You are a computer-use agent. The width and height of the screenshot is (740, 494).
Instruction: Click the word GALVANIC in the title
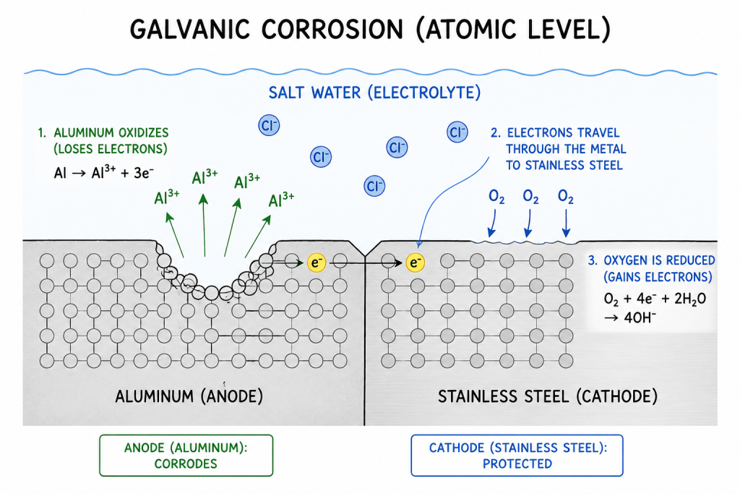coord(189,29)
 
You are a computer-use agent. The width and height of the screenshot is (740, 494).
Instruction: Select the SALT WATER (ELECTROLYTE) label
coord(374,93)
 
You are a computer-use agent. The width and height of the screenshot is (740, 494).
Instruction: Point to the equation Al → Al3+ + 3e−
coord(104,172)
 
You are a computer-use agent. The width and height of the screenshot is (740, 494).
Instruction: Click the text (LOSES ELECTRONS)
coord(111,149)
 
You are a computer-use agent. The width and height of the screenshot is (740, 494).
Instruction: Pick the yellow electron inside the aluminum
coord(317,263)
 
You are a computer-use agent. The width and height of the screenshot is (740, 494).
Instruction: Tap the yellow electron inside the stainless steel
coord(415,263)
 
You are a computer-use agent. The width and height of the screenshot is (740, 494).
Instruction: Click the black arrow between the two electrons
coord(366,263)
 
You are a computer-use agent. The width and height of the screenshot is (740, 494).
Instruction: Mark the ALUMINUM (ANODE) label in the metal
coord(189,396)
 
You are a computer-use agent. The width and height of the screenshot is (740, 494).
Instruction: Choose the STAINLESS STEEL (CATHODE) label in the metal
coord(548,396)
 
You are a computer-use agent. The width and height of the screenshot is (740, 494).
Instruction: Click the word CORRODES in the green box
coord(186,464)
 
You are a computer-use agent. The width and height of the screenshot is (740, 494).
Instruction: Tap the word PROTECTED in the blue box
coord(517,464)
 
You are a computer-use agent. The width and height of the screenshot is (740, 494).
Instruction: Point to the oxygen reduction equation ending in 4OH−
coord(655,308)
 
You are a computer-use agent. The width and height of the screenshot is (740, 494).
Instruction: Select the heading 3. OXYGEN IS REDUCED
coord(651,260)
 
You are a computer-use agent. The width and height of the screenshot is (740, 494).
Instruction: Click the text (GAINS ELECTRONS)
coord(658,277)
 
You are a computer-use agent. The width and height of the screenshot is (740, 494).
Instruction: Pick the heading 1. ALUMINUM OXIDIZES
coord(103,132)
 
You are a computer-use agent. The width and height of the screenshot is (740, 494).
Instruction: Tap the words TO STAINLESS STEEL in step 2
coord(564,166)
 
